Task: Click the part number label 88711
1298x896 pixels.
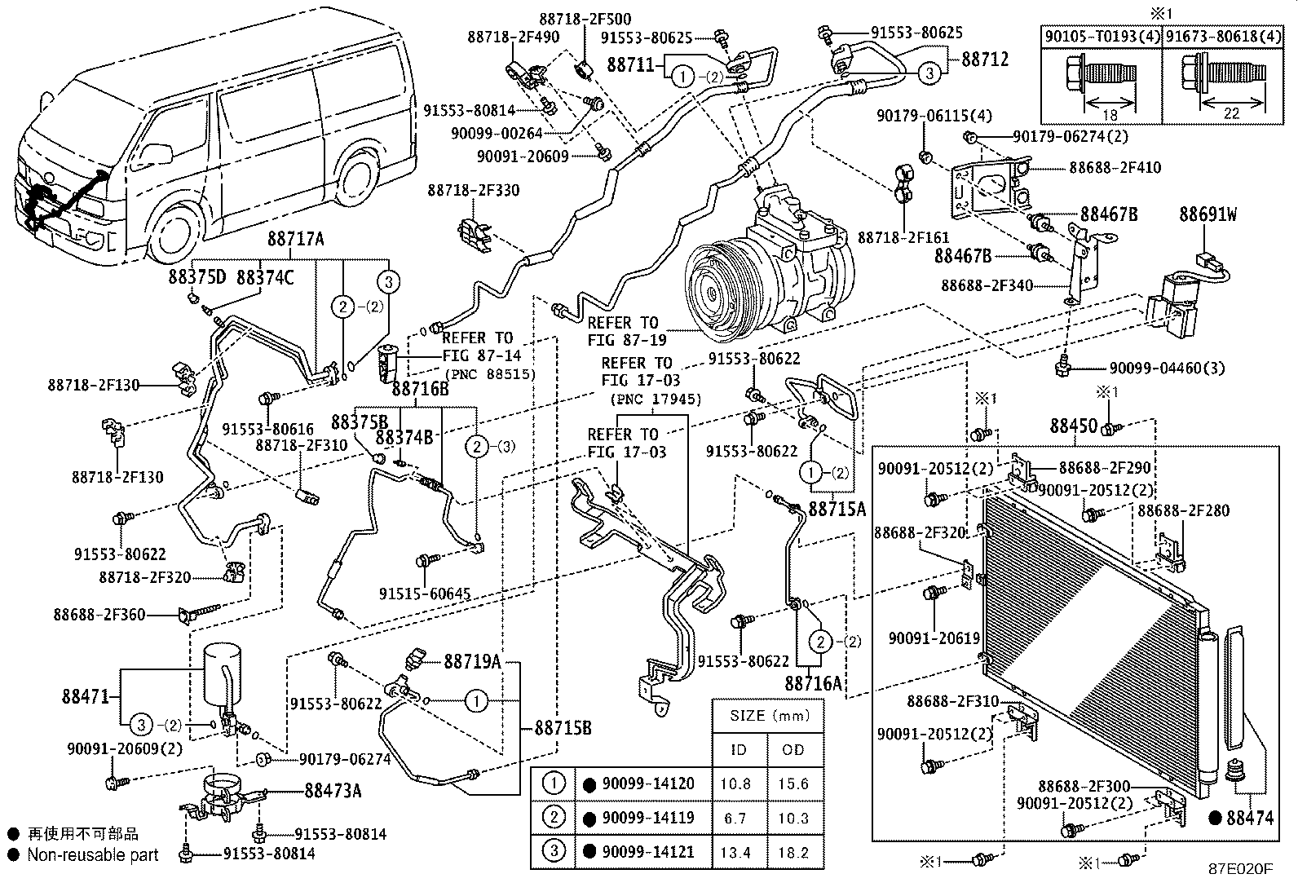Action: (632, 64)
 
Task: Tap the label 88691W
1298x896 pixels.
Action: (1207, 215)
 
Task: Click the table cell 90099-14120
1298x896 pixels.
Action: (648, 784)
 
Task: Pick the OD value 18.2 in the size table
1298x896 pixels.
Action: (793, 853)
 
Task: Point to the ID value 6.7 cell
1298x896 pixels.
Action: (738, 819)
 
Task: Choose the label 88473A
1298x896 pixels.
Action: (333, 790)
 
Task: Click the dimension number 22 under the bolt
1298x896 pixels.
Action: (1230, 113)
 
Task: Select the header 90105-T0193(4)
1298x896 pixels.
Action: (1102, 36)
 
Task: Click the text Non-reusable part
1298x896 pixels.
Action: (93, 855)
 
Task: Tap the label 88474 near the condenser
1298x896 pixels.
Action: (1249, 818)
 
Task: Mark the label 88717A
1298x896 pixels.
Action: (296, 239)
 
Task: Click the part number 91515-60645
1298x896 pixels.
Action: (424, 594)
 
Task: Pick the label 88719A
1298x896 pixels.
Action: (472, 661)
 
